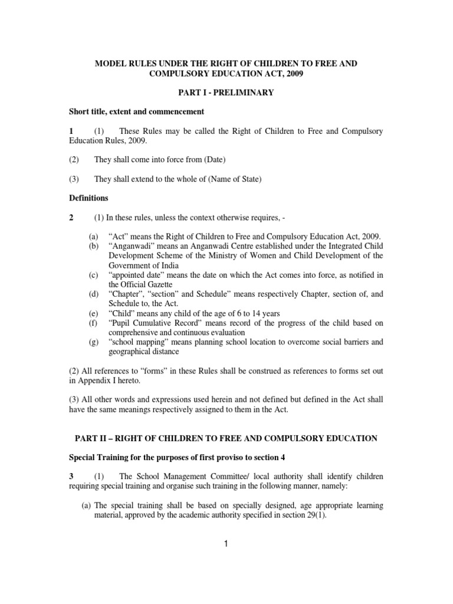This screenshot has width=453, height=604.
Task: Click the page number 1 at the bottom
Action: tap(226, 544)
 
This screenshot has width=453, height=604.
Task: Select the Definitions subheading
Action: tap(90, 198)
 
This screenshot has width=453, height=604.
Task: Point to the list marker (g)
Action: tap(93, 342)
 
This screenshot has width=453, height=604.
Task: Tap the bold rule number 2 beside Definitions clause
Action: tap(71, 217)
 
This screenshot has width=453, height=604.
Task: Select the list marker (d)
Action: tap(93, 294)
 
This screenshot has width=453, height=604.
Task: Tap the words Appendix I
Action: tap(99, 380)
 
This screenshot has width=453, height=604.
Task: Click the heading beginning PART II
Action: tap(226, 438)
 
